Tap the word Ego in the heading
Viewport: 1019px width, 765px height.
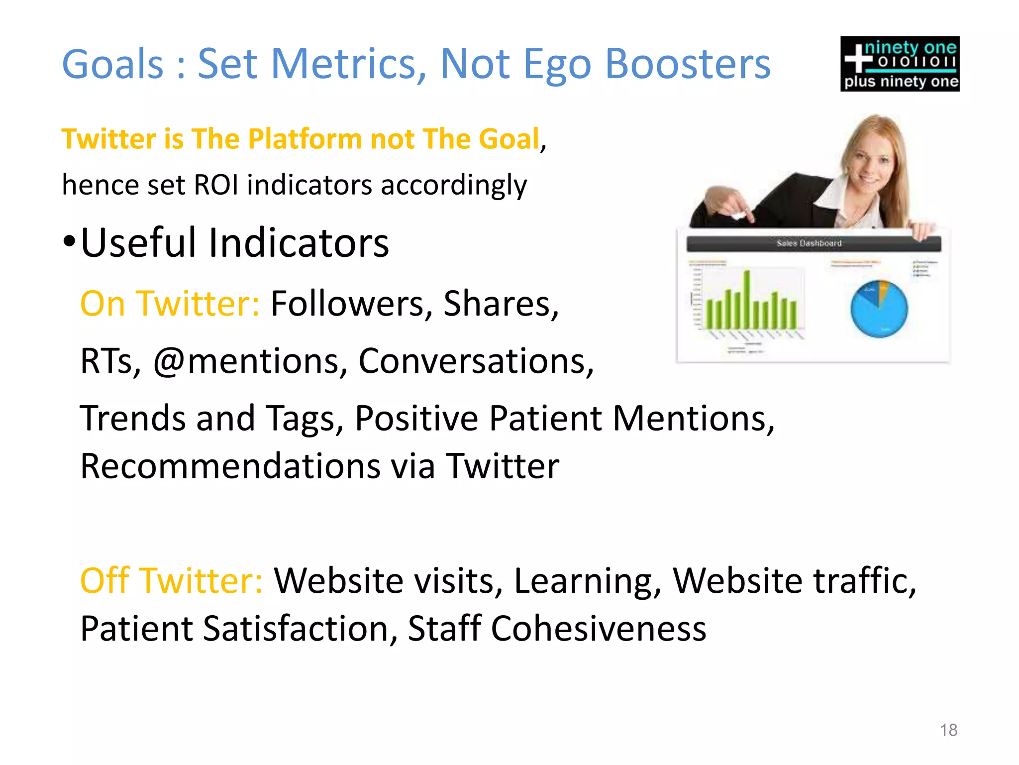[x=557, y=65]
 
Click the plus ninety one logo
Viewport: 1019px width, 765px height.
[x=900, y=64]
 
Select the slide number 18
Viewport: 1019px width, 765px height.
[x=948, y=730]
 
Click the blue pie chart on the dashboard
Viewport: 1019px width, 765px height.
[x=879, y=309]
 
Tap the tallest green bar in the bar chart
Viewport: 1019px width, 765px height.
[x=746, y=299]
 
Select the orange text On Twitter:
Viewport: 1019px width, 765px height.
[x=170, y=303]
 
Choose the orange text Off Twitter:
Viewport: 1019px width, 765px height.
[x=171, y=580]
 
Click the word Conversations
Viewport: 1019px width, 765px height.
[x=476, y=360]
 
